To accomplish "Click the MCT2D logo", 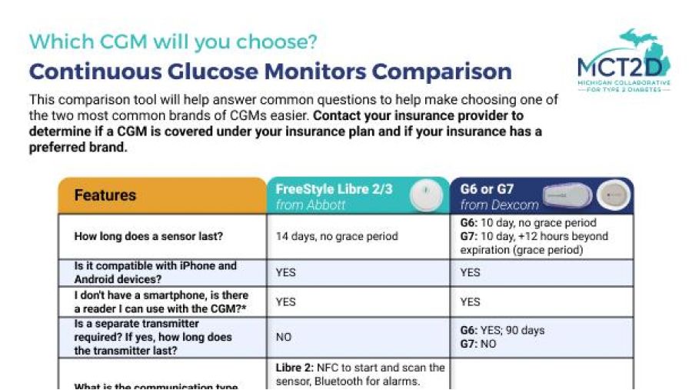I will pos(624,62).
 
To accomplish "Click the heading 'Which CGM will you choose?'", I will pos(173,41).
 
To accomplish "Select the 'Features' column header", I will pos(105,195).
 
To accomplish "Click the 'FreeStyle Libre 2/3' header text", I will pos(334,188).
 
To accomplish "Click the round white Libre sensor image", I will pos(424,195).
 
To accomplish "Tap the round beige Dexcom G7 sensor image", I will pos(614,195).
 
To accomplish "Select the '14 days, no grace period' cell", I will pos(337,236).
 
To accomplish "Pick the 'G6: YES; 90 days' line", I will pos(502,330).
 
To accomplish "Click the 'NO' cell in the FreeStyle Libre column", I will pos(284,337).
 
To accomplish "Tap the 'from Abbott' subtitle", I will pos(311,205).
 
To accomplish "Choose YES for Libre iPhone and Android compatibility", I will pos(285,272).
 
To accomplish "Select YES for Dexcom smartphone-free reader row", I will pos(470,302).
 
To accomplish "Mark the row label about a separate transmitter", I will pos(152,337).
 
